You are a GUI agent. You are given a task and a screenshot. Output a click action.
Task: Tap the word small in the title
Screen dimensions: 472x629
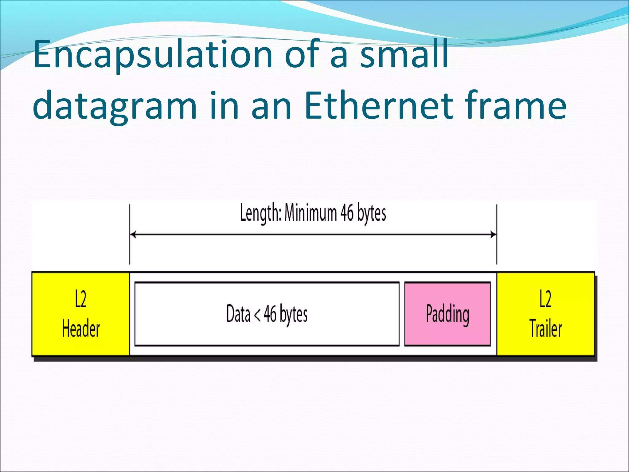[404, 55]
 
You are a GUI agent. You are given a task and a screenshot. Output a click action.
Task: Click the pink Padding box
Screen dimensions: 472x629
[447, 314]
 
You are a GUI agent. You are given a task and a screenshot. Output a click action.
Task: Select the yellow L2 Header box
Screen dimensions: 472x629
[81, 314]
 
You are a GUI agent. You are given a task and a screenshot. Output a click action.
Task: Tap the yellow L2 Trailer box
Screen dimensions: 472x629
[545, 314]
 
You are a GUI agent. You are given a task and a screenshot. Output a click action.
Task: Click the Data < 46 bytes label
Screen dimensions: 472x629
[267, 314]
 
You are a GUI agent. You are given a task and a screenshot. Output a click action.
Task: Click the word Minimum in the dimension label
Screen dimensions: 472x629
[311, 213]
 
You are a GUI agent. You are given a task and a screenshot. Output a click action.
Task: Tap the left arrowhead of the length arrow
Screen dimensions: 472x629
[133, 235]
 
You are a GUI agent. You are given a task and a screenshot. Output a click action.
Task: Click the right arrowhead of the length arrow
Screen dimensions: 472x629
[494, 235]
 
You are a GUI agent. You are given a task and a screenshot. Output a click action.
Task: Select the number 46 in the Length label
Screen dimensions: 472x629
[347, 213]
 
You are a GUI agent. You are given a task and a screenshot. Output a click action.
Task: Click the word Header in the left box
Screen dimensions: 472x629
[81, 328]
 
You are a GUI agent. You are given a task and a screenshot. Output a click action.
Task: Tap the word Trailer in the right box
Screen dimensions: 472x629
[545, 328]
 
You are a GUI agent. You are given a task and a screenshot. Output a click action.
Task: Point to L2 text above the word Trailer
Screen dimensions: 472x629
[545, 299]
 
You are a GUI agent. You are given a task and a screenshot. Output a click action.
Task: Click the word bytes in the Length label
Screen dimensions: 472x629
[372, 213]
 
